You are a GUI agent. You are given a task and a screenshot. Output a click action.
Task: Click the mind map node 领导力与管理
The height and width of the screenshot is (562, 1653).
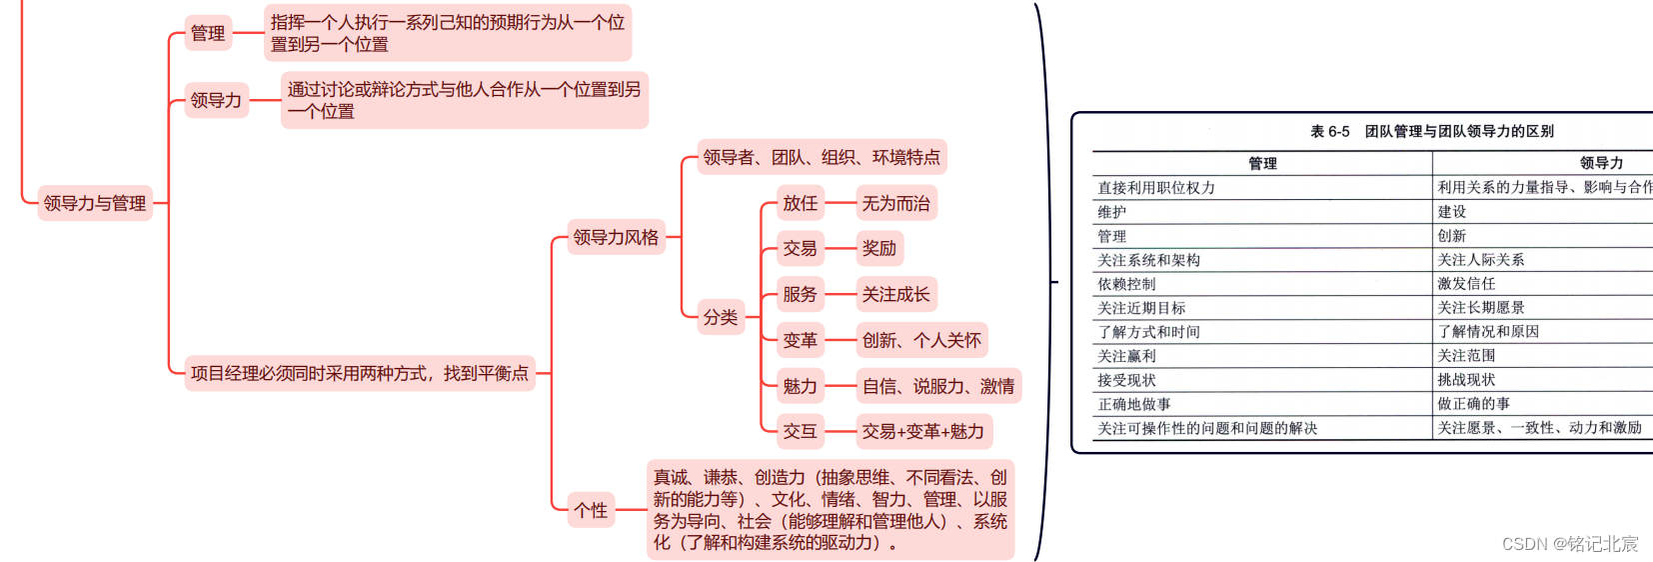95,203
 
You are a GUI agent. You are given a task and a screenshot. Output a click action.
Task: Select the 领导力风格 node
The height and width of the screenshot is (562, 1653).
616,238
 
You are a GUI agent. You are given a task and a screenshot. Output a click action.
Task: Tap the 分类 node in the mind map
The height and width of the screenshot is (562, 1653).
721,317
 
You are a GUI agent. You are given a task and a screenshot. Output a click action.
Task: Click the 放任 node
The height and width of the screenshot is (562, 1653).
800,203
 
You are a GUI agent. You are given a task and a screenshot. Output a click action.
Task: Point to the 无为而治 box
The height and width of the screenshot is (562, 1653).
895,203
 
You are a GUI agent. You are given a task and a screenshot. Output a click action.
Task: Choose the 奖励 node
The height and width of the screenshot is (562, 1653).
879,248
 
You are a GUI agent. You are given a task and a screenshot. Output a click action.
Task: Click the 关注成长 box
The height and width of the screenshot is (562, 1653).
895,294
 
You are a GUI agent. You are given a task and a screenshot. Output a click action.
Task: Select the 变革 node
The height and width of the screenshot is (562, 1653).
800,340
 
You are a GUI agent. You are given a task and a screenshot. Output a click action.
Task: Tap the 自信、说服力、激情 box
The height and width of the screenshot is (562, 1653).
937,386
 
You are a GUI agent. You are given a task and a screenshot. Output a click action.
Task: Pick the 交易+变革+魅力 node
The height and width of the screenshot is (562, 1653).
922,431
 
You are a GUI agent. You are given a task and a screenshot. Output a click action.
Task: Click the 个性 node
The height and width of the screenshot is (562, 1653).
591,510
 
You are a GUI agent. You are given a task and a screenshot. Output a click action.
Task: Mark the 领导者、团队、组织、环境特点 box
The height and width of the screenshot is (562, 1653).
821,157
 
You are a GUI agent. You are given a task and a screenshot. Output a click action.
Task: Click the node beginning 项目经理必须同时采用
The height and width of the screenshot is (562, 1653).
360,373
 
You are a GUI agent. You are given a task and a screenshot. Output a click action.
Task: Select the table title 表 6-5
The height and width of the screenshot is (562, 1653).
1431,131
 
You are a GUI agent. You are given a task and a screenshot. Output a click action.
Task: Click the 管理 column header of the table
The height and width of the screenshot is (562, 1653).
1262,163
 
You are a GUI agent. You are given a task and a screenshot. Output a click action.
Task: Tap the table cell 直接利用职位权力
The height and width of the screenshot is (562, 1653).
1156,187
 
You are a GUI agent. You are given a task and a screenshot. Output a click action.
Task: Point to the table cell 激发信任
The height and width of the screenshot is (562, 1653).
1466,284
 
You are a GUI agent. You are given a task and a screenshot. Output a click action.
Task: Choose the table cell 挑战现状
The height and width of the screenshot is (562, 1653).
1466,380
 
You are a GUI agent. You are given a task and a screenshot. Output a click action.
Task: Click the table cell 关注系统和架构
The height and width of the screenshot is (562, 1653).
1149,260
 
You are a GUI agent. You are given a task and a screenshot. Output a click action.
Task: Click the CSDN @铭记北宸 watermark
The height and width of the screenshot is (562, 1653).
1569,544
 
